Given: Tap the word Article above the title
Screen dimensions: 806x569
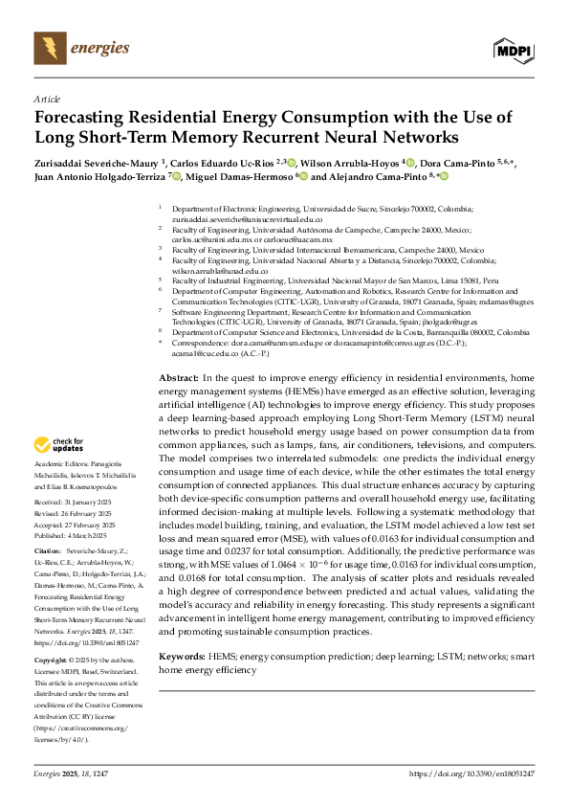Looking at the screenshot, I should point(46,99).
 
